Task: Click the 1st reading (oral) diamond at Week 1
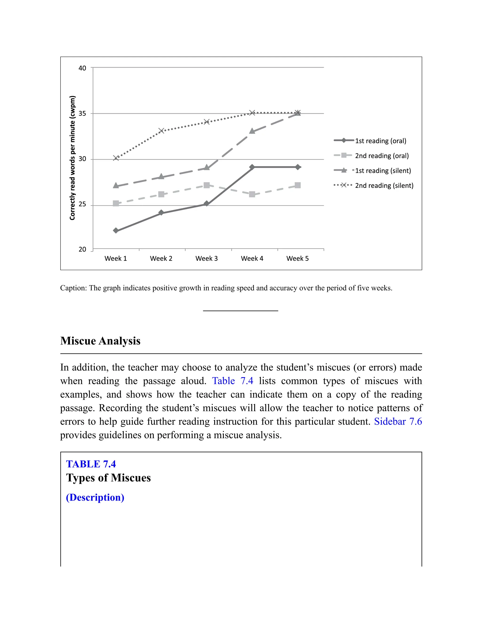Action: [x=116, y=230]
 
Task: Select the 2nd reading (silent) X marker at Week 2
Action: [x=161, y=131]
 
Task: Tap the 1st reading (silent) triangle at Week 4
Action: [x=252, y=131]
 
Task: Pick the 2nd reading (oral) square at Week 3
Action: [x=206, y=185]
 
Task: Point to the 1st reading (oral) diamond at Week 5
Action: [x=297, y=167]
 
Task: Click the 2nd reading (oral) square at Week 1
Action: [x=116, y=203]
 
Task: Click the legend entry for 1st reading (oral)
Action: [x=380, y=141]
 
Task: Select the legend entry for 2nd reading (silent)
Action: [x=384, y=185]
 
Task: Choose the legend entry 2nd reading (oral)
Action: [x=382, y=155]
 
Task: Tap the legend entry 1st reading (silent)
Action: [x=383, y=171]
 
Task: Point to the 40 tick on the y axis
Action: [x=82, y=68]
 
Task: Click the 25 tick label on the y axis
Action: [x=82, y=204]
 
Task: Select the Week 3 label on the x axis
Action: [x=206, y=258]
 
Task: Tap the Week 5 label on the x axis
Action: [x=297, y=258]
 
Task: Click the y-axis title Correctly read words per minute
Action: [x=72, y=158]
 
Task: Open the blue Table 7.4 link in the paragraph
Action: [x=233, y=381]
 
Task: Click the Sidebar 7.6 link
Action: [x=398, y=421]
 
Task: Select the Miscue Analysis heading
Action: [x=100, y=341]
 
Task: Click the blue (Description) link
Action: [x=95, y=497]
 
